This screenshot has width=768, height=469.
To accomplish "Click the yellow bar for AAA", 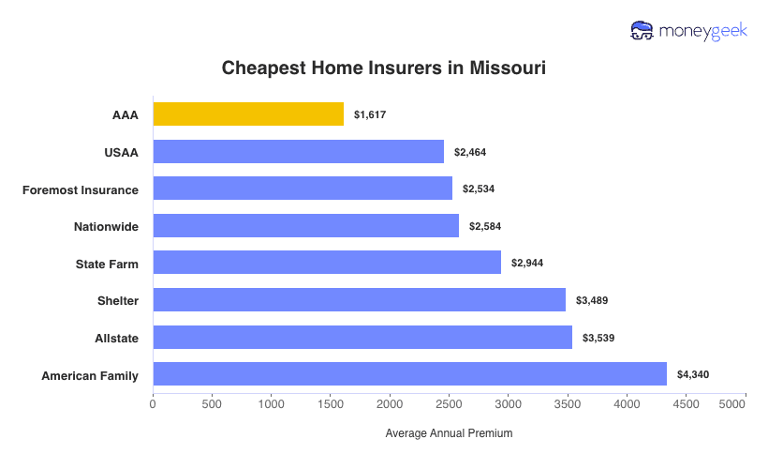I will (x=248, y=114).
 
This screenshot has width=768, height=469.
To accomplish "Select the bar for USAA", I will (x=298, y=152).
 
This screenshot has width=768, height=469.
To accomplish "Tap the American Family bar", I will (x=409, y=374).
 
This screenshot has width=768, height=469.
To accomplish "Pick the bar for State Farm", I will (x=327, y=263).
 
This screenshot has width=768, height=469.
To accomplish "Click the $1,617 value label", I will (x=370, y=114).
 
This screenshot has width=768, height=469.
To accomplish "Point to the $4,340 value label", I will (x=693, y=375).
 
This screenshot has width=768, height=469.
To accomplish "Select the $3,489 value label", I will (x=592, y=301).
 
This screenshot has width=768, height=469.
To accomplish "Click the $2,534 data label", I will (x=478, y=189).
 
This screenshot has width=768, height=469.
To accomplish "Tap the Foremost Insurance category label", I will (x=81, y=189).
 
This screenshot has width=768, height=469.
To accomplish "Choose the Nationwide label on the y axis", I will (x=106, y=226).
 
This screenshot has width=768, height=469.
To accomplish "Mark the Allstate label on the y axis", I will (x=116, y=338).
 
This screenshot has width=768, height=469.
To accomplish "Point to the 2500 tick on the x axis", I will (x=449, y=404).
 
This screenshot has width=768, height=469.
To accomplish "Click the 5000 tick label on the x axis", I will (x=733, y=404).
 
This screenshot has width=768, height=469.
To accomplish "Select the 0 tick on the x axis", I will (x=153, y=404).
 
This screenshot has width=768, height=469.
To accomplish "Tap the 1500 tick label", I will (x=331, y=404).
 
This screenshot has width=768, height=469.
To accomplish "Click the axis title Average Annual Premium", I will (x=449, y=433).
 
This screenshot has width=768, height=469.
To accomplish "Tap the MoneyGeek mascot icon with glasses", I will (x=642, y=31).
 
